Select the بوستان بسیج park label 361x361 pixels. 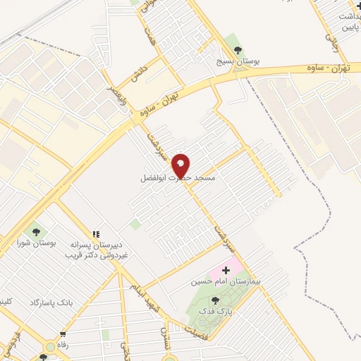point(237,62)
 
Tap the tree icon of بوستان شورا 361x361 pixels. point(34,231)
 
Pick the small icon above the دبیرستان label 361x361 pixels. point(95,234)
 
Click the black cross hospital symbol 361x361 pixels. point(226,270)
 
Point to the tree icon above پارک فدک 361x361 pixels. point(214,300)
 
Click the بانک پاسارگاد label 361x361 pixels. point(49,302)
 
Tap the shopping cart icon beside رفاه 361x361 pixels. point(63,334)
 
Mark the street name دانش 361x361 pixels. point(139,73)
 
